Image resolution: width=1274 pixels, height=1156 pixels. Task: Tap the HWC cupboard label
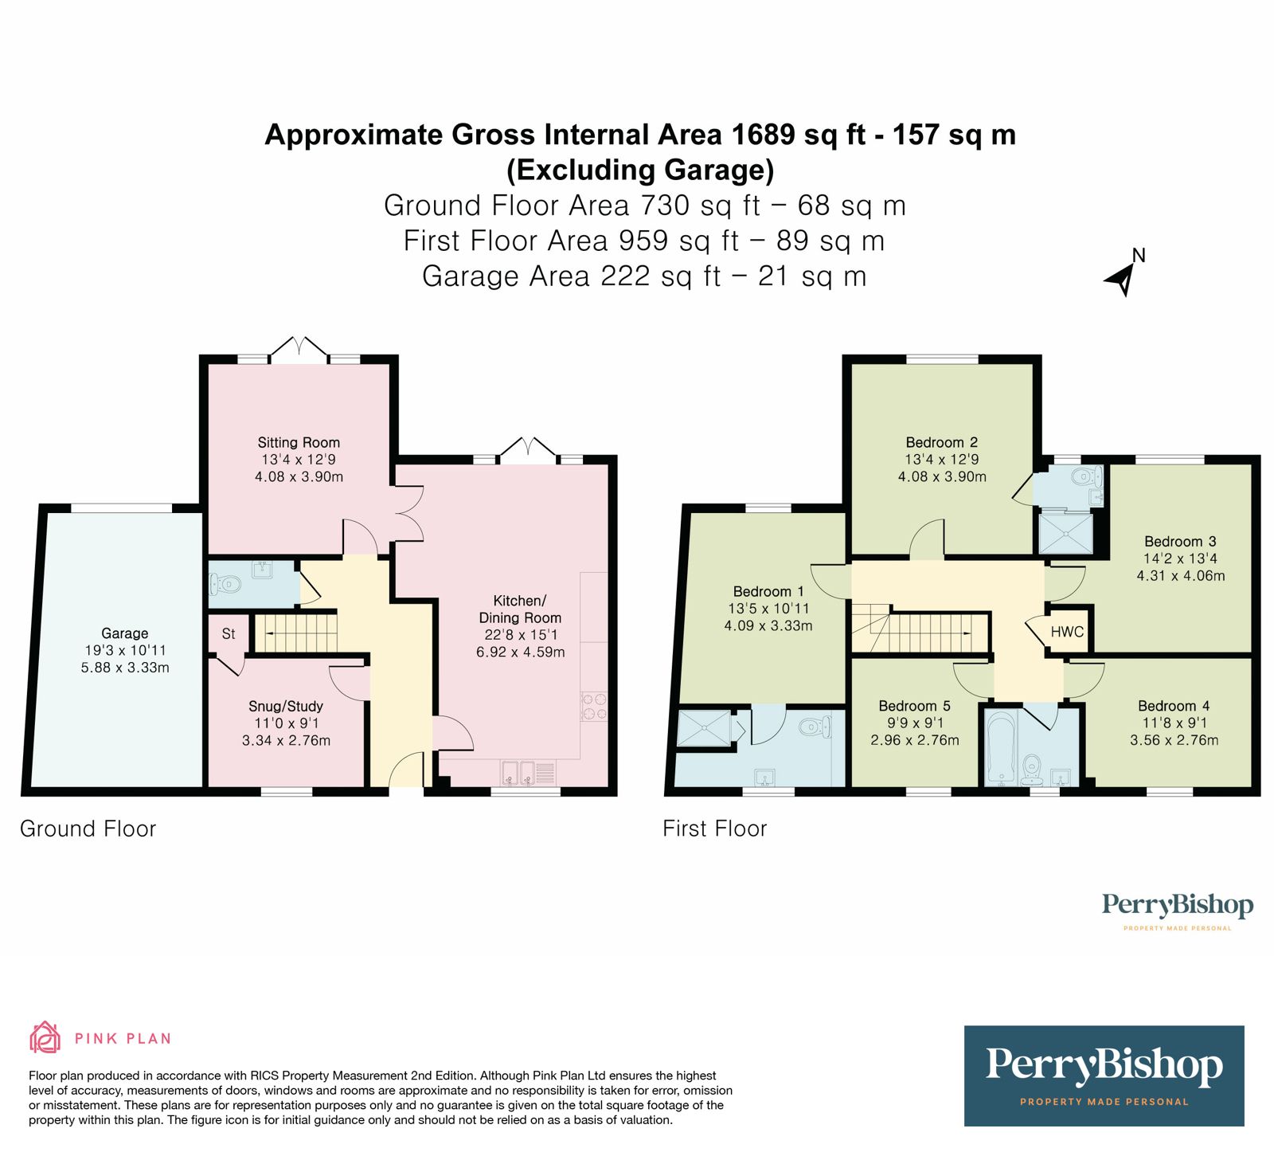tap(1067, 632)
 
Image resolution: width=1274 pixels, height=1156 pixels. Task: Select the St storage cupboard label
tap(229, 634)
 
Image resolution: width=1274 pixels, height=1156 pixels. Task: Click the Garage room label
tap(124, 633)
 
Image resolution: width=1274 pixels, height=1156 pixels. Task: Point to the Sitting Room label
tap(299, 442)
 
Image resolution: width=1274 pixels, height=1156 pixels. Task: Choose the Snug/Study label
tap(286, 706)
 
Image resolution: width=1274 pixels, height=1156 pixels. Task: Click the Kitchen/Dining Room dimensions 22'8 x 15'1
tap(521, 635)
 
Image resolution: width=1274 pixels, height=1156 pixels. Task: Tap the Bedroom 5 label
tap(915, 706)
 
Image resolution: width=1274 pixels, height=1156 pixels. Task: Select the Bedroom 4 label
tap(1174, 706)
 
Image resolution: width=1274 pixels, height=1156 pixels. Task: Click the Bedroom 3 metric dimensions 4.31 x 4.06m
tap(1181, 575)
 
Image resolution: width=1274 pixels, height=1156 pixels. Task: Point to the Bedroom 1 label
tap(768, 591)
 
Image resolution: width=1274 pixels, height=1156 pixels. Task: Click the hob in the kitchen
tap(594, 706)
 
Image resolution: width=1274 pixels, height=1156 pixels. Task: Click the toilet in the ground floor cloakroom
tap(225, 584)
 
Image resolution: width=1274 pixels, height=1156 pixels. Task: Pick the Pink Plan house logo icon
tap(45, 1037)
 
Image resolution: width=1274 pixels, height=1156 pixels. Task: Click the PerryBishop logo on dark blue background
tap(1104, 1076)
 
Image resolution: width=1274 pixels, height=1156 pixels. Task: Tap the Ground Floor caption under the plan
tap(88, 829)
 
